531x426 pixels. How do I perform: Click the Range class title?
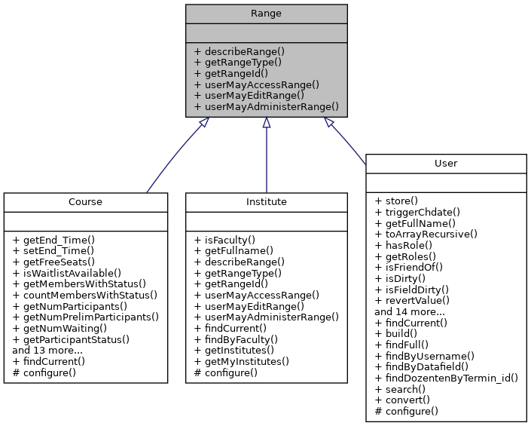pyautogui.click(x=267, y=14)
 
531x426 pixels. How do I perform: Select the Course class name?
pyautogui.click(x=85, y=202)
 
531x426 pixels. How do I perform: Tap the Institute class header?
pyautogui.click(x=267, y=202)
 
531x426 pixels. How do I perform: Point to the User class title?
pyautogui.click(x=446, y=164)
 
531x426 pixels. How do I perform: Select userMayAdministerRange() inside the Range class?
pyautogui.click(x=266, y=108)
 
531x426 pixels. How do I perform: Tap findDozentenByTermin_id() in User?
pyautogui.click(x=446, y=377)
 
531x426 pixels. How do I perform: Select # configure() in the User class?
pyautogui.click(x=406, y=411)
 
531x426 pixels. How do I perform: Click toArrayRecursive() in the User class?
pyautogui.click(x=426, y=234)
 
